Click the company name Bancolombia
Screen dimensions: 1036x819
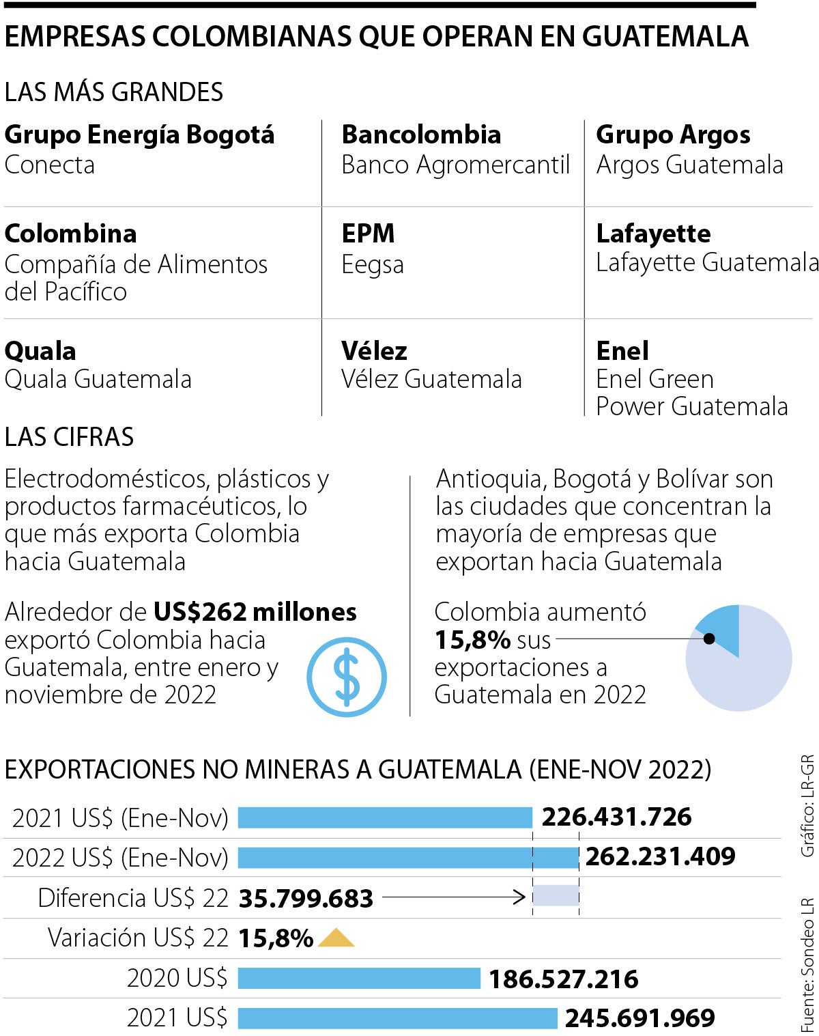coord(421,135)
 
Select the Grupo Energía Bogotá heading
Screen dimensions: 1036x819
coord(139,135)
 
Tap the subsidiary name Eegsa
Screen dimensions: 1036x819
coord(373,264)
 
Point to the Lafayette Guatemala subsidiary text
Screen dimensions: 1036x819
coord(706,262)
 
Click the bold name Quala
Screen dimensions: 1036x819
coord(40,350)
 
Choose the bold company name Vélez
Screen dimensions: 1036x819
coord(374,350)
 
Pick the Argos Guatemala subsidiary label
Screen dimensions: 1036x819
coord(689,165)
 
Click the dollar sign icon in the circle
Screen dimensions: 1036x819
coord(347,677)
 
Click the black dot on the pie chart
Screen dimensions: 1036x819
coord(709,639)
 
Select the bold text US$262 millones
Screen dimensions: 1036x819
coord(255,611)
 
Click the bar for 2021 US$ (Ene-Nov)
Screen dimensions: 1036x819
coord(385,817)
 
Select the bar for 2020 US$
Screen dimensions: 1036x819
coord(359,979)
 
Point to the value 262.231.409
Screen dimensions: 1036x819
coord(660,856)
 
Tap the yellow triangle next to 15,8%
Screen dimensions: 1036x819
coord(336,938)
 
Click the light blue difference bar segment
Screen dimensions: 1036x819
coord(556,896)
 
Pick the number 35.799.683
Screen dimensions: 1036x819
coord(306,898)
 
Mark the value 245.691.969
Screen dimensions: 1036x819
coord(640,1018)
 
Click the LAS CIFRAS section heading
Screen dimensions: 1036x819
coord(70,437)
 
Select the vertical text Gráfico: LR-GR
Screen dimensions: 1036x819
coord(807,805)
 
